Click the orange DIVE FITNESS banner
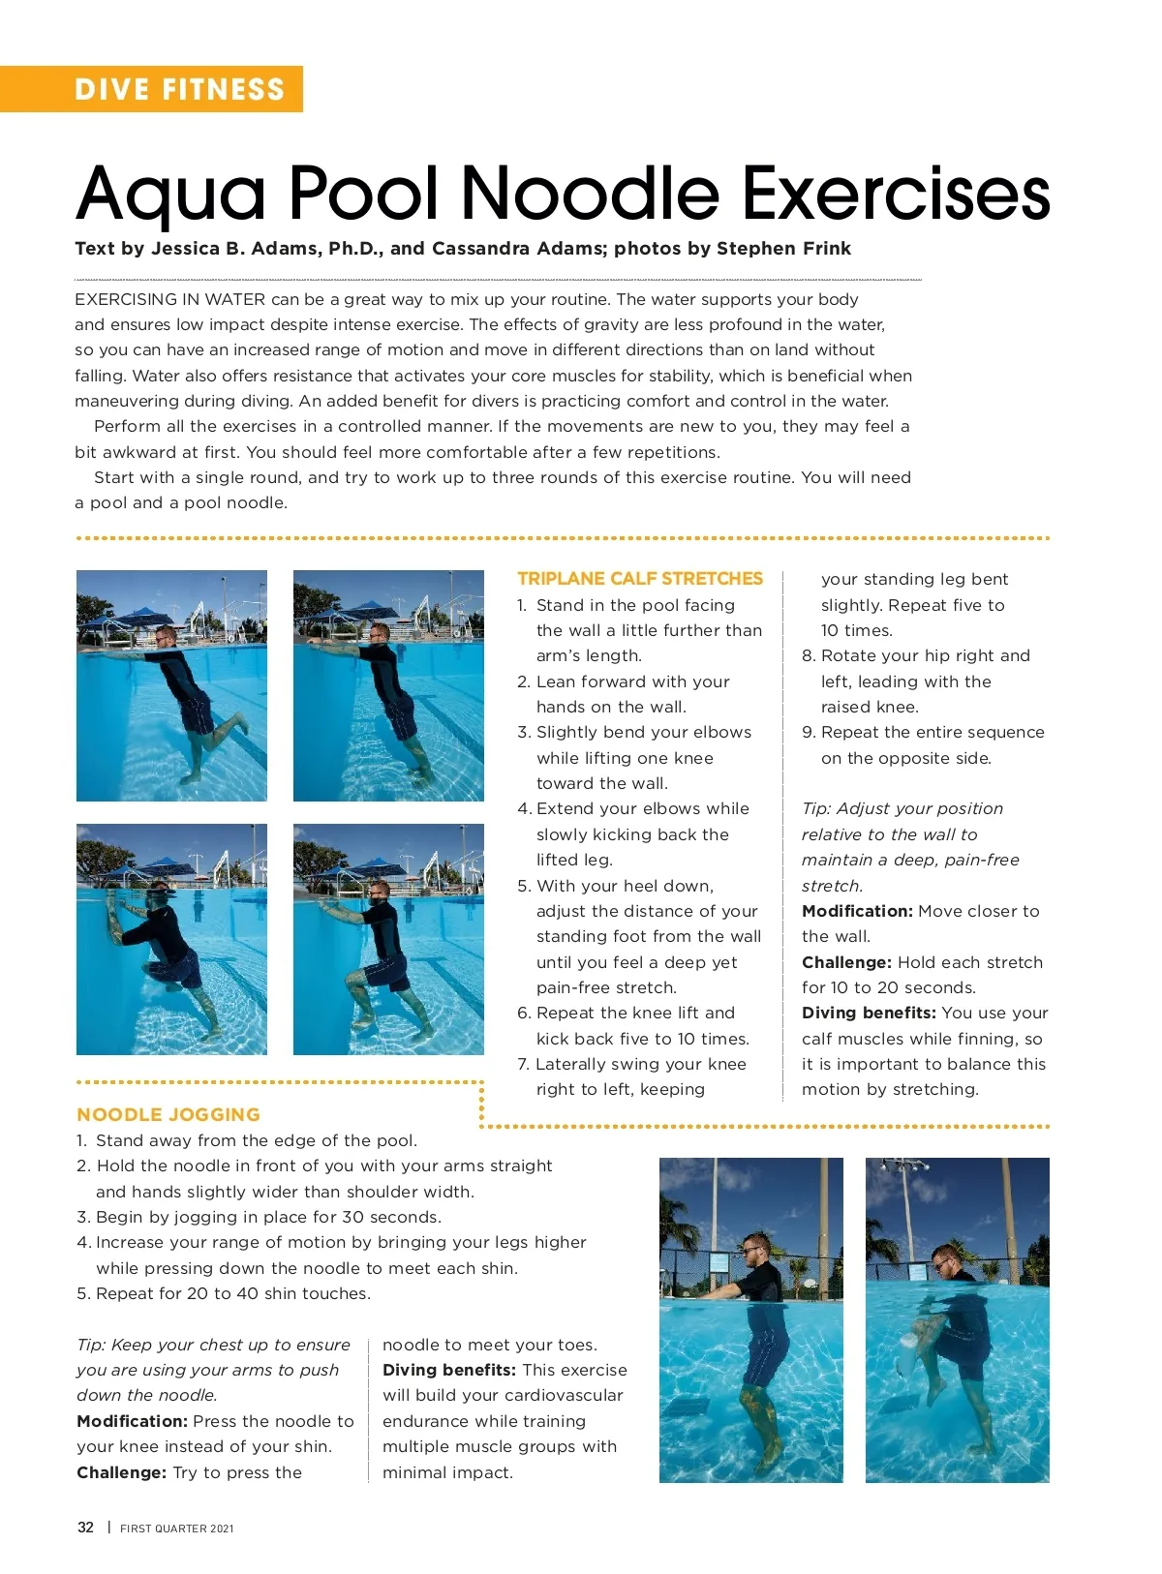pos(179,89)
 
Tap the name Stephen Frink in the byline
pos(783,249)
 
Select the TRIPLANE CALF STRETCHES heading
pos(640,579)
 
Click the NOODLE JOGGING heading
pos(168,1114)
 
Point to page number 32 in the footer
pos(86,1528)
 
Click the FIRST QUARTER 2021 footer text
pos(177,1529)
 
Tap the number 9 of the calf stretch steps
pos(808,733)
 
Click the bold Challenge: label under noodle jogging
pos(121,1472)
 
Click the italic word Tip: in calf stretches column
pos(816,808)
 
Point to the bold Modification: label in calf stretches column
pos(857,911)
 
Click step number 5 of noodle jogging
pos(83,1293)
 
